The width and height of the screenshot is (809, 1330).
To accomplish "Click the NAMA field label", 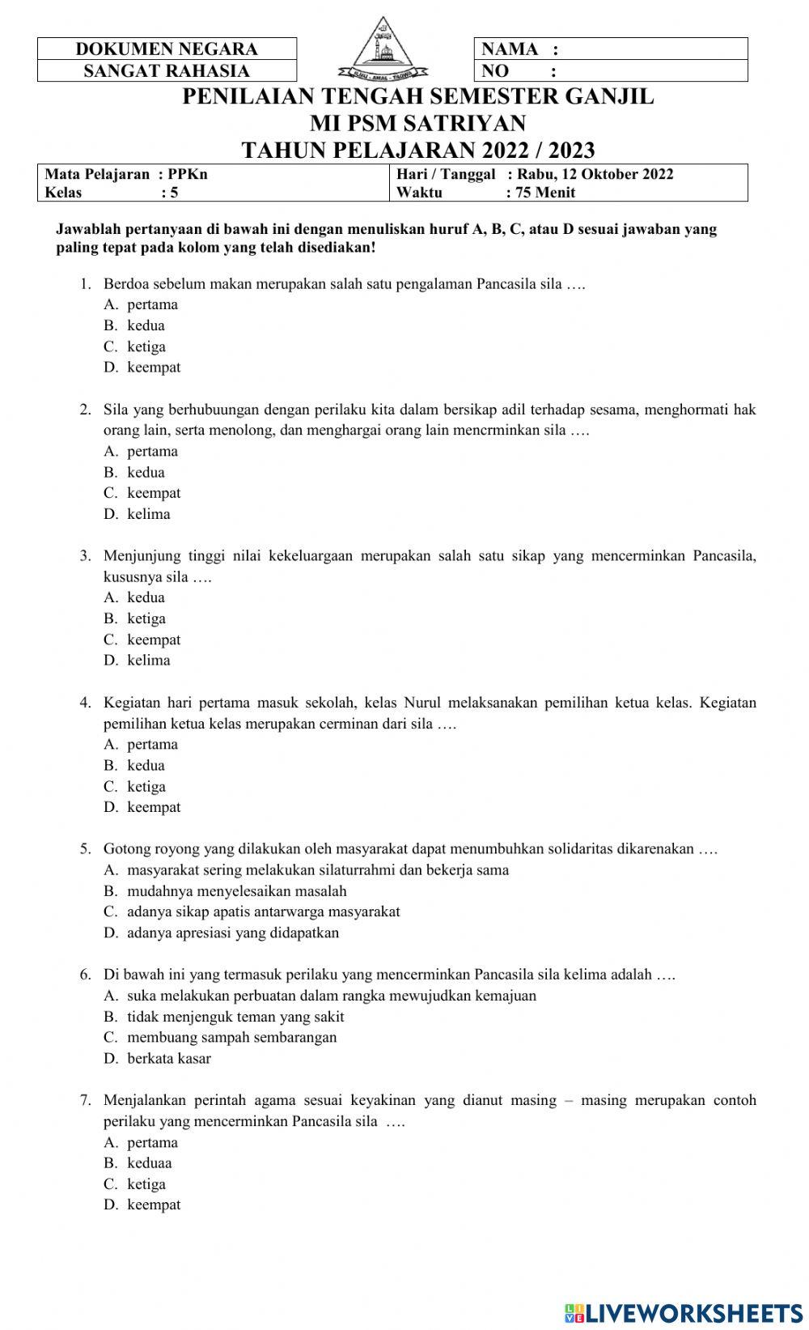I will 510,49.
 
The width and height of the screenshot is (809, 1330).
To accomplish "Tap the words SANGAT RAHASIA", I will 167,71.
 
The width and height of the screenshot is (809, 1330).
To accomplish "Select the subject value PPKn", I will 188,174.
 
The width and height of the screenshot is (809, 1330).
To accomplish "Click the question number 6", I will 85,975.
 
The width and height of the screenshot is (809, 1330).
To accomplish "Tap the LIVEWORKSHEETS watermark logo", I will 684,1312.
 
